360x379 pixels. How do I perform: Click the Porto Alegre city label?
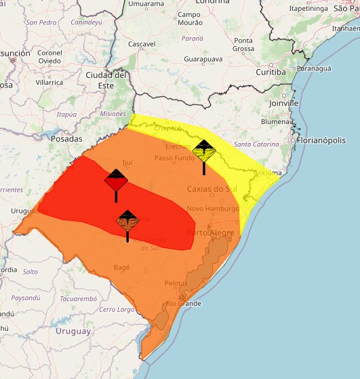pyautogui.click(x=210, y=233)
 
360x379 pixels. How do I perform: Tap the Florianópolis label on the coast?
pyautogui.click(x=321, y=140)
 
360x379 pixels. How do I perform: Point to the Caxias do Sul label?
pyautogui.click(x=215, y=189)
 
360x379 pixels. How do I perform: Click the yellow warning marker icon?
pyautogui.click(x=203, y=150)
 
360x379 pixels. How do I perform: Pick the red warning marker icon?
pyautogui.click(x=116, y=180)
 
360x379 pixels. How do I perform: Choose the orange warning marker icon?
pyautogui.click(x=127, y=221)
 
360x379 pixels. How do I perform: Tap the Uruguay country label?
pyautogui.click(x=73, y=332)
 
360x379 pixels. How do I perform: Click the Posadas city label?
pyautogui.click(x=66, y=138)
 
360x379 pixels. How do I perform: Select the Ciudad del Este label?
pyautogui.click(x=102, y=79)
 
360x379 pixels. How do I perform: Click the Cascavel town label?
pyautogui.click(x=142, y=44)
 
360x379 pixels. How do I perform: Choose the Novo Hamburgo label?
pyautogui.click(x=212, y=209)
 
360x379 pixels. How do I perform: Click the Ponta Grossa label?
pyautogui.click(x=243, y=45)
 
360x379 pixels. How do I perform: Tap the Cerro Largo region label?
pyautogui.click(x=117, y=310)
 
